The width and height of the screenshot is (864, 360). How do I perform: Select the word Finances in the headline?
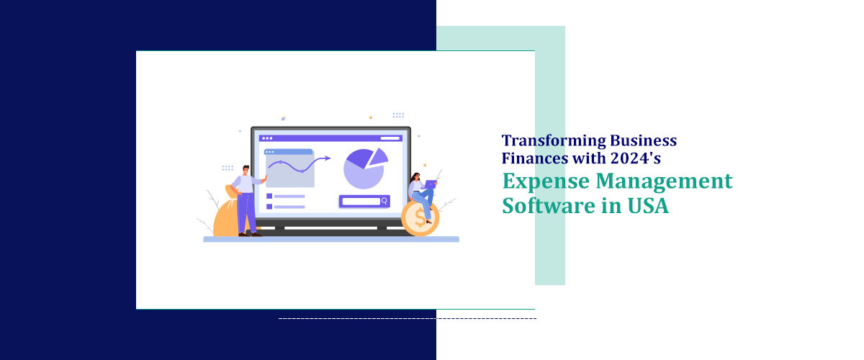[x=534, y=158]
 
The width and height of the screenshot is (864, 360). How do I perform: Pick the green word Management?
[x=664, y=181]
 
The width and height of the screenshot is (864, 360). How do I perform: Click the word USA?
[x=648, y=206]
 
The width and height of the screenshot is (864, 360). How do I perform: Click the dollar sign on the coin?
[x=420, y=217]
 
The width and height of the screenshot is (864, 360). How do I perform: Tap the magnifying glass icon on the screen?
[x=384, y=201]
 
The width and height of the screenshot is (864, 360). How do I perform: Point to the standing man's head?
[x=246, y=170]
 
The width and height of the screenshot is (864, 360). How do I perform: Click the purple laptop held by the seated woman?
[x=429, y=184]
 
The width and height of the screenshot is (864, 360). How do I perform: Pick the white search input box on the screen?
[x=361, y=202]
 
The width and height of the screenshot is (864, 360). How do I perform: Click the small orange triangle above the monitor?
[x=371, y=117]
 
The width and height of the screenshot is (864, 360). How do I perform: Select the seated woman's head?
[x=416, y=177]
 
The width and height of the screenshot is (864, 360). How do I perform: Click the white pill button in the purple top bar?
[x=390, y=138]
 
